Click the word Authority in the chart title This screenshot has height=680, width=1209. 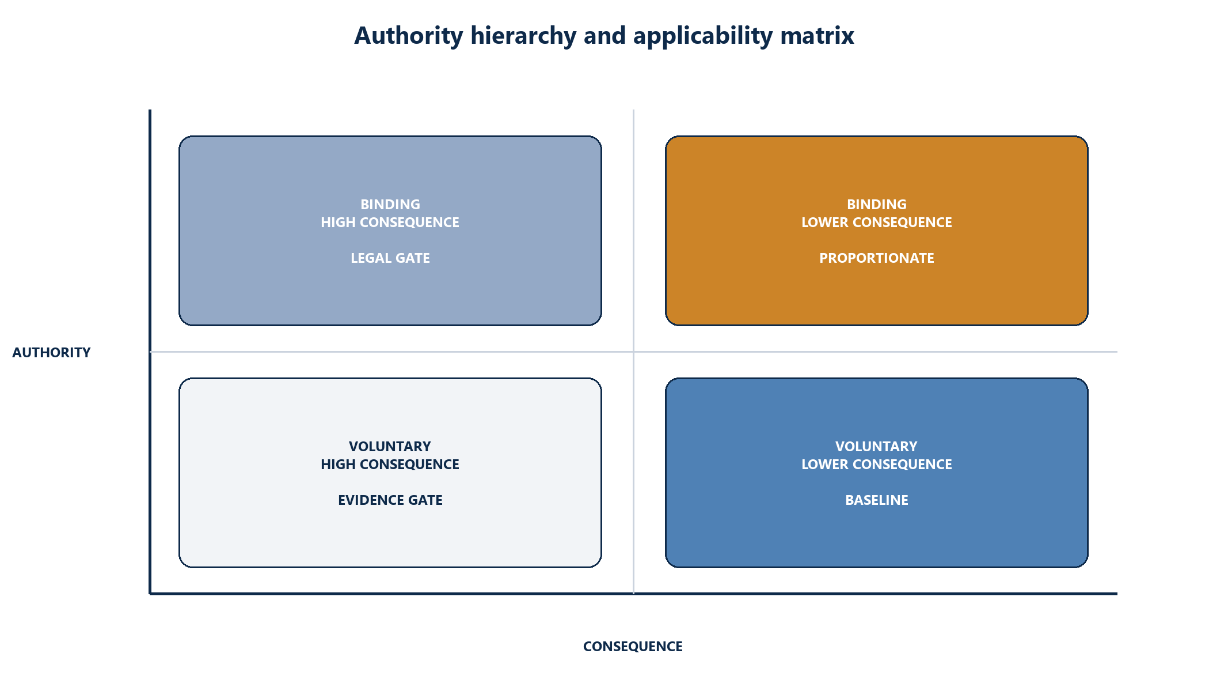coord(409,36)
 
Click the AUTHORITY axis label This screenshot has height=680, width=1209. coord(51,352)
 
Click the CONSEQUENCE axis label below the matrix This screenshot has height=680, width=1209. coord(633,646)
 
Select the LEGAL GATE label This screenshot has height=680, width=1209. coord(390,258)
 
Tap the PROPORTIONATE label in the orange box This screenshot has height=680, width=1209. coord(877,258)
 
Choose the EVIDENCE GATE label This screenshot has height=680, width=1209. coord(390,500)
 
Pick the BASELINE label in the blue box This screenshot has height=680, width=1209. coord(877,500)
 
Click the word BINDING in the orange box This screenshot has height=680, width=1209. coord(877,204)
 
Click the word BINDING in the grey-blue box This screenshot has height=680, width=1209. coord(390,204)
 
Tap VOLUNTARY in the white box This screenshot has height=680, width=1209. coord(390,446)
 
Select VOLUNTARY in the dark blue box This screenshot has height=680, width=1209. coord(877,446)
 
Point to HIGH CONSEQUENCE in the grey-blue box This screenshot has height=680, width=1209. coord(390,222)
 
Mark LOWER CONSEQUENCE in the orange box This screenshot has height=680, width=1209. coord(877,222)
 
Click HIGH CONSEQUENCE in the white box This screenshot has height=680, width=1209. coord(390,464)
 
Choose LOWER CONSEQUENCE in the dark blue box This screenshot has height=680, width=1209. coord(877,464)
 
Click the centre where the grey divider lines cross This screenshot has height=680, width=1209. coord(633,352)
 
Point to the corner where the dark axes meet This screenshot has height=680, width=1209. coord(150,594)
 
